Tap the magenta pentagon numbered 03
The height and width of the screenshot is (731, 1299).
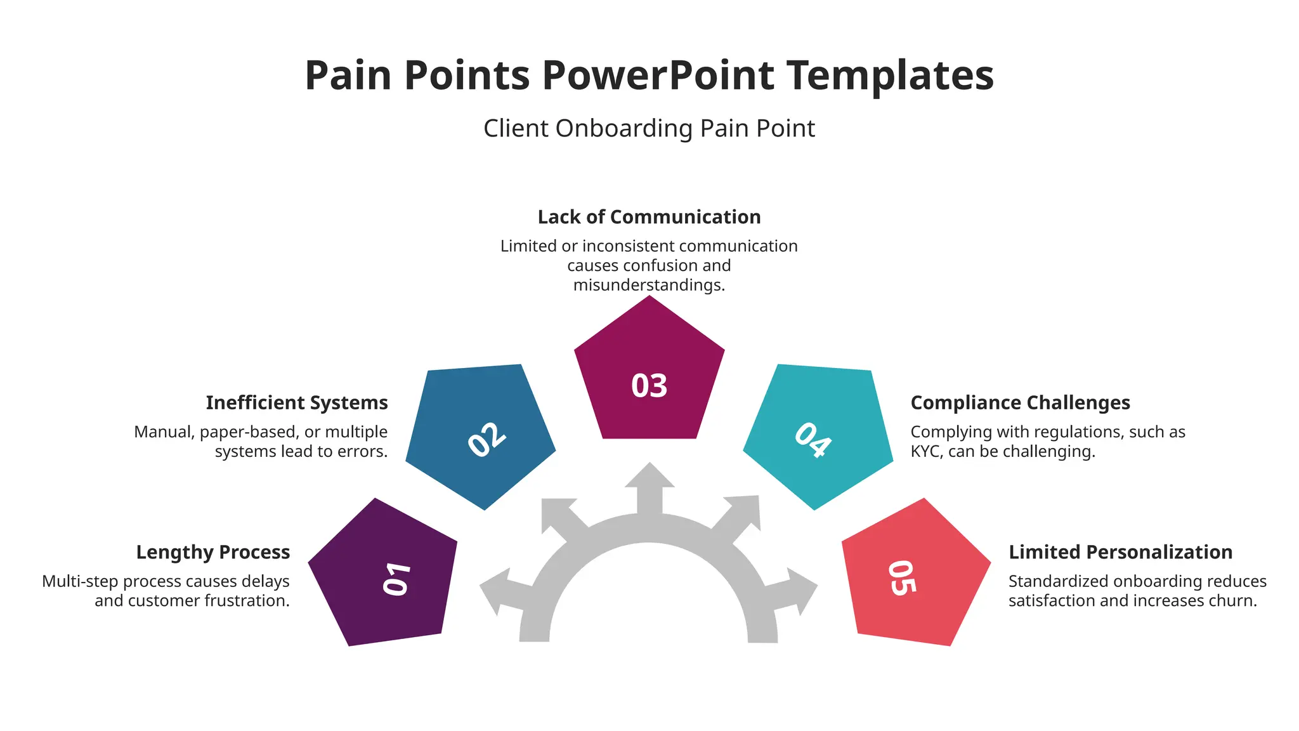click(x=649, y=381)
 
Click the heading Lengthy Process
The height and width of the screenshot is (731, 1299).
click(x=213, y=552)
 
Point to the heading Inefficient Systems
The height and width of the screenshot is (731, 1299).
click(x=297, y=403)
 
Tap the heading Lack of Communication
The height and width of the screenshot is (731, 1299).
click(x=649, y=217)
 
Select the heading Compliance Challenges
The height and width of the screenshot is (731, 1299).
click(x=1020, y=403)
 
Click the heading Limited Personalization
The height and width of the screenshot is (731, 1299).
click(x=1120, y=552)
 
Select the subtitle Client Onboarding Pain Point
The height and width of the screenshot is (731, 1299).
click(x=649, y=128)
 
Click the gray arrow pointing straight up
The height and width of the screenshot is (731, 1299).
click(x=649, y=485)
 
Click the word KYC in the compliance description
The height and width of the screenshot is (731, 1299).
click(x=926, y=452)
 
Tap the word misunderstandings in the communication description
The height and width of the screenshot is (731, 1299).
click(x=649, y=285)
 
